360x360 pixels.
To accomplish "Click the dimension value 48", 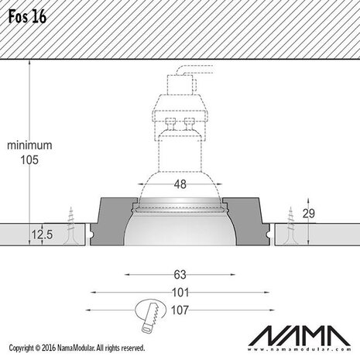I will [180, 184].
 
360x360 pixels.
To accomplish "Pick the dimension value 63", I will [180, 273].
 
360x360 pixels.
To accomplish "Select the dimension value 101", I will [180, 292].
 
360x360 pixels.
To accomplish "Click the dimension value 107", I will [180, 310].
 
